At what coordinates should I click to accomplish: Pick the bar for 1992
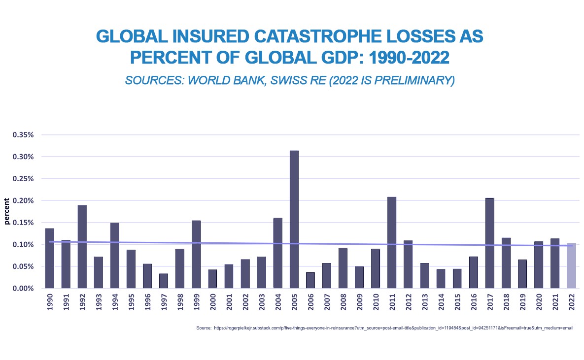[x=82, y=246]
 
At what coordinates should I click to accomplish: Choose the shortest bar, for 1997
[x=164, y=281]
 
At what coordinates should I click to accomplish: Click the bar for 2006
[x=310, y=280]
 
